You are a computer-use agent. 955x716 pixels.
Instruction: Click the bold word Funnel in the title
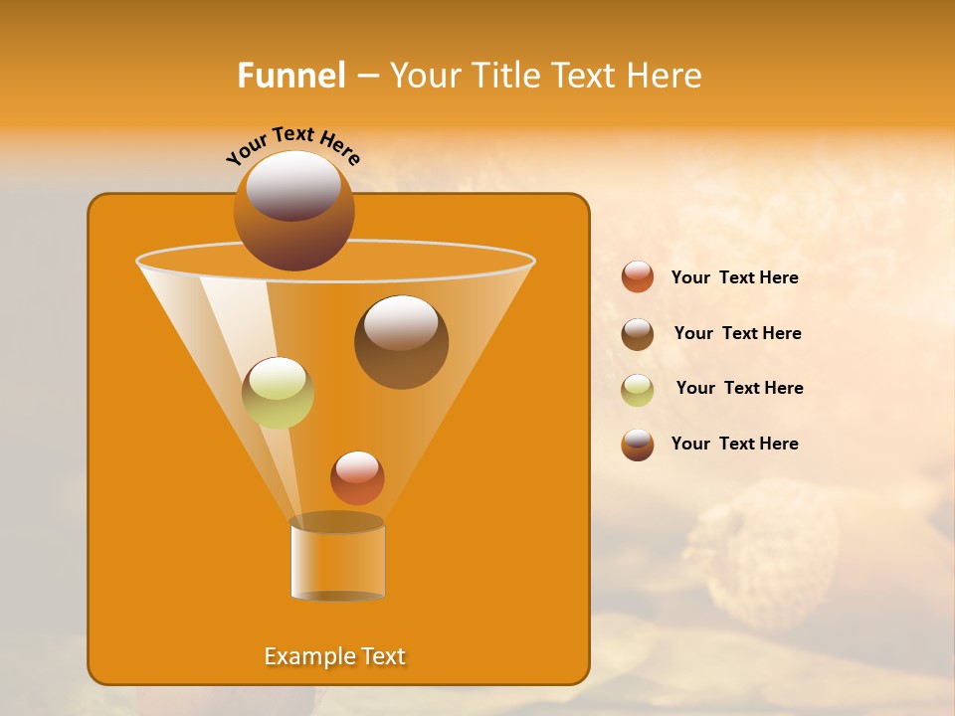point(291,76)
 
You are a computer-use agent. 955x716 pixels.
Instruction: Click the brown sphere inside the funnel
point(401,343)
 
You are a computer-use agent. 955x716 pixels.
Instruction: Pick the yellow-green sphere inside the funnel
point(278,393)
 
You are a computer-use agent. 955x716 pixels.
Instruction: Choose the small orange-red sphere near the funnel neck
point(357,478)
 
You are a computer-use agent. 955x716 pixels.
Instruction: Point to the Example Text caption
point(335,656)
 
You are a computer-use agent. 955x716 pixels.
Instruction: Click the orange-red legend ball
point(638,277)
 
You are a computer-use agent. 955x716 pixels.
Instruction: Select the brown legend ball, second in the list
point(638,334)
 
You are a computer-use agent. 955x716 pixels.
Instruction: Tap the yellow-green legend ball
point(638,390)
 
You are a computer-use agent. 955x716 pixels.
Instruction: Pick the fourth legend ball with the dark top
point(638,445)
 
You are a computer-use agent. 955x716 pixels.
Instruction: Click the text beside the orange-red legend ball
point(734,277)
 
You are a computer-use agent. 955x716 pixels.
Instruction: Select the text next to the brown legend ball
point(737,333)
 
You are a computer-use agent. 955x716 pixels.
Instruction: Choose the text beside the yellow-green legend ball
point(739,388)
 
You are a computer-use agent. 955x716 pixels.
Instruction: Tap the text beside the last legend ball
point(734,444)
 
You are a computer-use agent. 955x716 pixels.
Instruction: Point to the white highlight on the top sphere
point(292,186)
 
